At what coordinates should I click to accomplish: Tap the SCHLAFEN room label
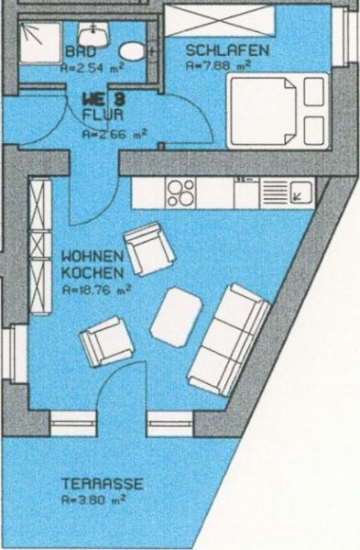[x=227, y=50]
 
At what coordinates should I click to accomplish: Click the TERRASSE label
[x=103, y=483]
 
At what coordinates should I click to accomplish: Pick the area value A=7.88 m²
[x=218, y=66]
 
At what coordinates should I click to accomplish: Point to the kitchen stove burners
[x=180, y=192]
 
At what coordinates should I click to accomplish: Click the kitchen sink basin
[x=301, y=192]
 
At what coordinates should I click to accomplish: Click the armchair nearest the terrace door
[x=106, y=343]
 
